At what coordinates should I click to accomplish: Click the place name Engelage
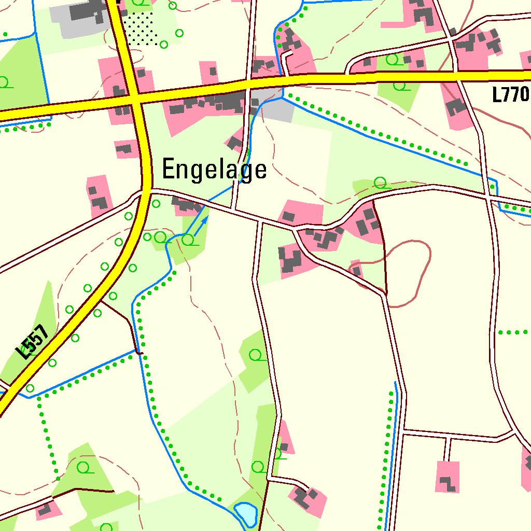[x=214, y=170]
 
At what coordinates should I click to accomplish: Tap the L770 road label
[x=510, y=95]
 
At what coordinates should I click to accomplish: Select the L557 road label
[x=32, y=342]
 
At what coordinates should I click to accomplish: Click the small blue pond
[x=245, y=513]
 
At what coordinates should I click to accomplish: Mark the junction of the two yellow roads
[x=135, y=97]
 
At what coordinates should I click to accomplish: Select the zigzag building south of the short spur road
[x=448, y=484]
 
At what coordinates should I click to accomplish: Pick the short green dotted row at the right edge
[x=513, y=332]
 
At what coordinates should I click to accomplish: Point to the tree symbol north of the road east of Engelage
[x=381, y=183]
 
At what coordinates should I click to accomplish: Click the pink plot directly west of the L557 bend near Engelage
[x=99, y=195]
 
